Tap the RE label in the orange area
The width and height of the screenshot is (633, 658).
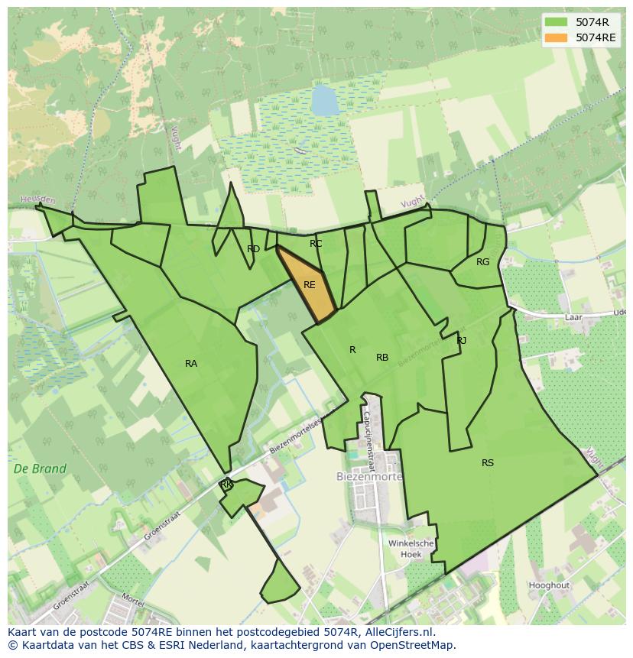310,285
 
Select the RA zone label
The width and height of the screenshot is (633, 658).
191,364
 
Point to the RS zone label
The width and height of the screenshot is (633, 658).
488,463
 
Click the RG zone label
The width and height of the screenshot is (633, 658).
482,262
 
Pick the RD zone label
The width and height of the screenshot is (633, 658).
253,249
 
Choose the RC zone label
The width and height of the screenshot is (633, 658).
316,244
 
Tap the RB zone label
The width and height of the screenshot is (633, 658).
382,358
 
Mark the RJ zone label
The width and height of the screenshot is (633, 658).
462,341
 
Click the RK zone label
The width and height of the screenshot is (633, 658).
226,485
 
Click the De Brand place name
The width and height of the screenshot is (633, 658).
40,468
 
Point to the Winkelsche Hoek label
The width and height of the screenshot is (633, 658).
411,549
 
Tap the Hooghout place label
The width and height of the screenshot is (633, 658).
549,585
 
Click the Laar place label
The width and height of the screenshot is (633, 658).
573,316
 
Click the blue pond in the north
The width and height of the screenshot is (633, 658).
324,100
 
